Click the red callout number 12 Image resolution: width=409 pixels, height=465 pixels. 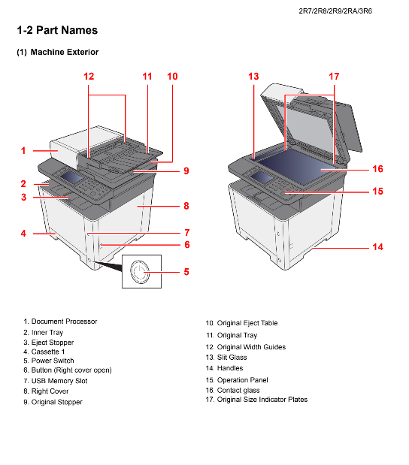click(x=89, y=77)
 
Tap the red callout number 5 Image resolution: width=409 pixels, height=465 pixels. click(x=186, y=272)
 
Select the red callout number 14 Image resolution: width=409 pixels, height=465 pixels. click(x=377, y=246)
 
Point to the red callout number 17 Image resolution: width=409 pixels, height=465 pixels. click(x=334, y=77)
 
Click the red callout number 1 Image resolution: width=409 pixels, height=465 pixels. click(x=23, y=151)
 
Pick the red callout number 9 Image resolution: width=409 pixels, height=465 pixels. click(x=186, y=171)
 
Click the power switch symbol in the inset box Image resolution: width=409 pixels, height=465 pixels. click(x=140, y=271)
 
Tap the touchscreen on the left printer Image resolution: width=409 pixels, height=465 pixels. click(x=71, y=177)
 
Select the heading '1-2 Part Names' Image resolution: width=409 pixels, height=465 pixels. click(x=57, y=30)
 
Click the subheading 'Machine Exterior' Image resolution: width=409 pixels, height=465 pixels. click(x=65, y=52)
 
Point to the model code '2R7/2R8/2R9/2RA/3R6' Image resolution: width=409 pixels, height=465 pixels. click(x=335, y=11)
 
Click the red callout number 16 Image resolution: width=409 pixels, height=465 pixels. click(x=377, y=169)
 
